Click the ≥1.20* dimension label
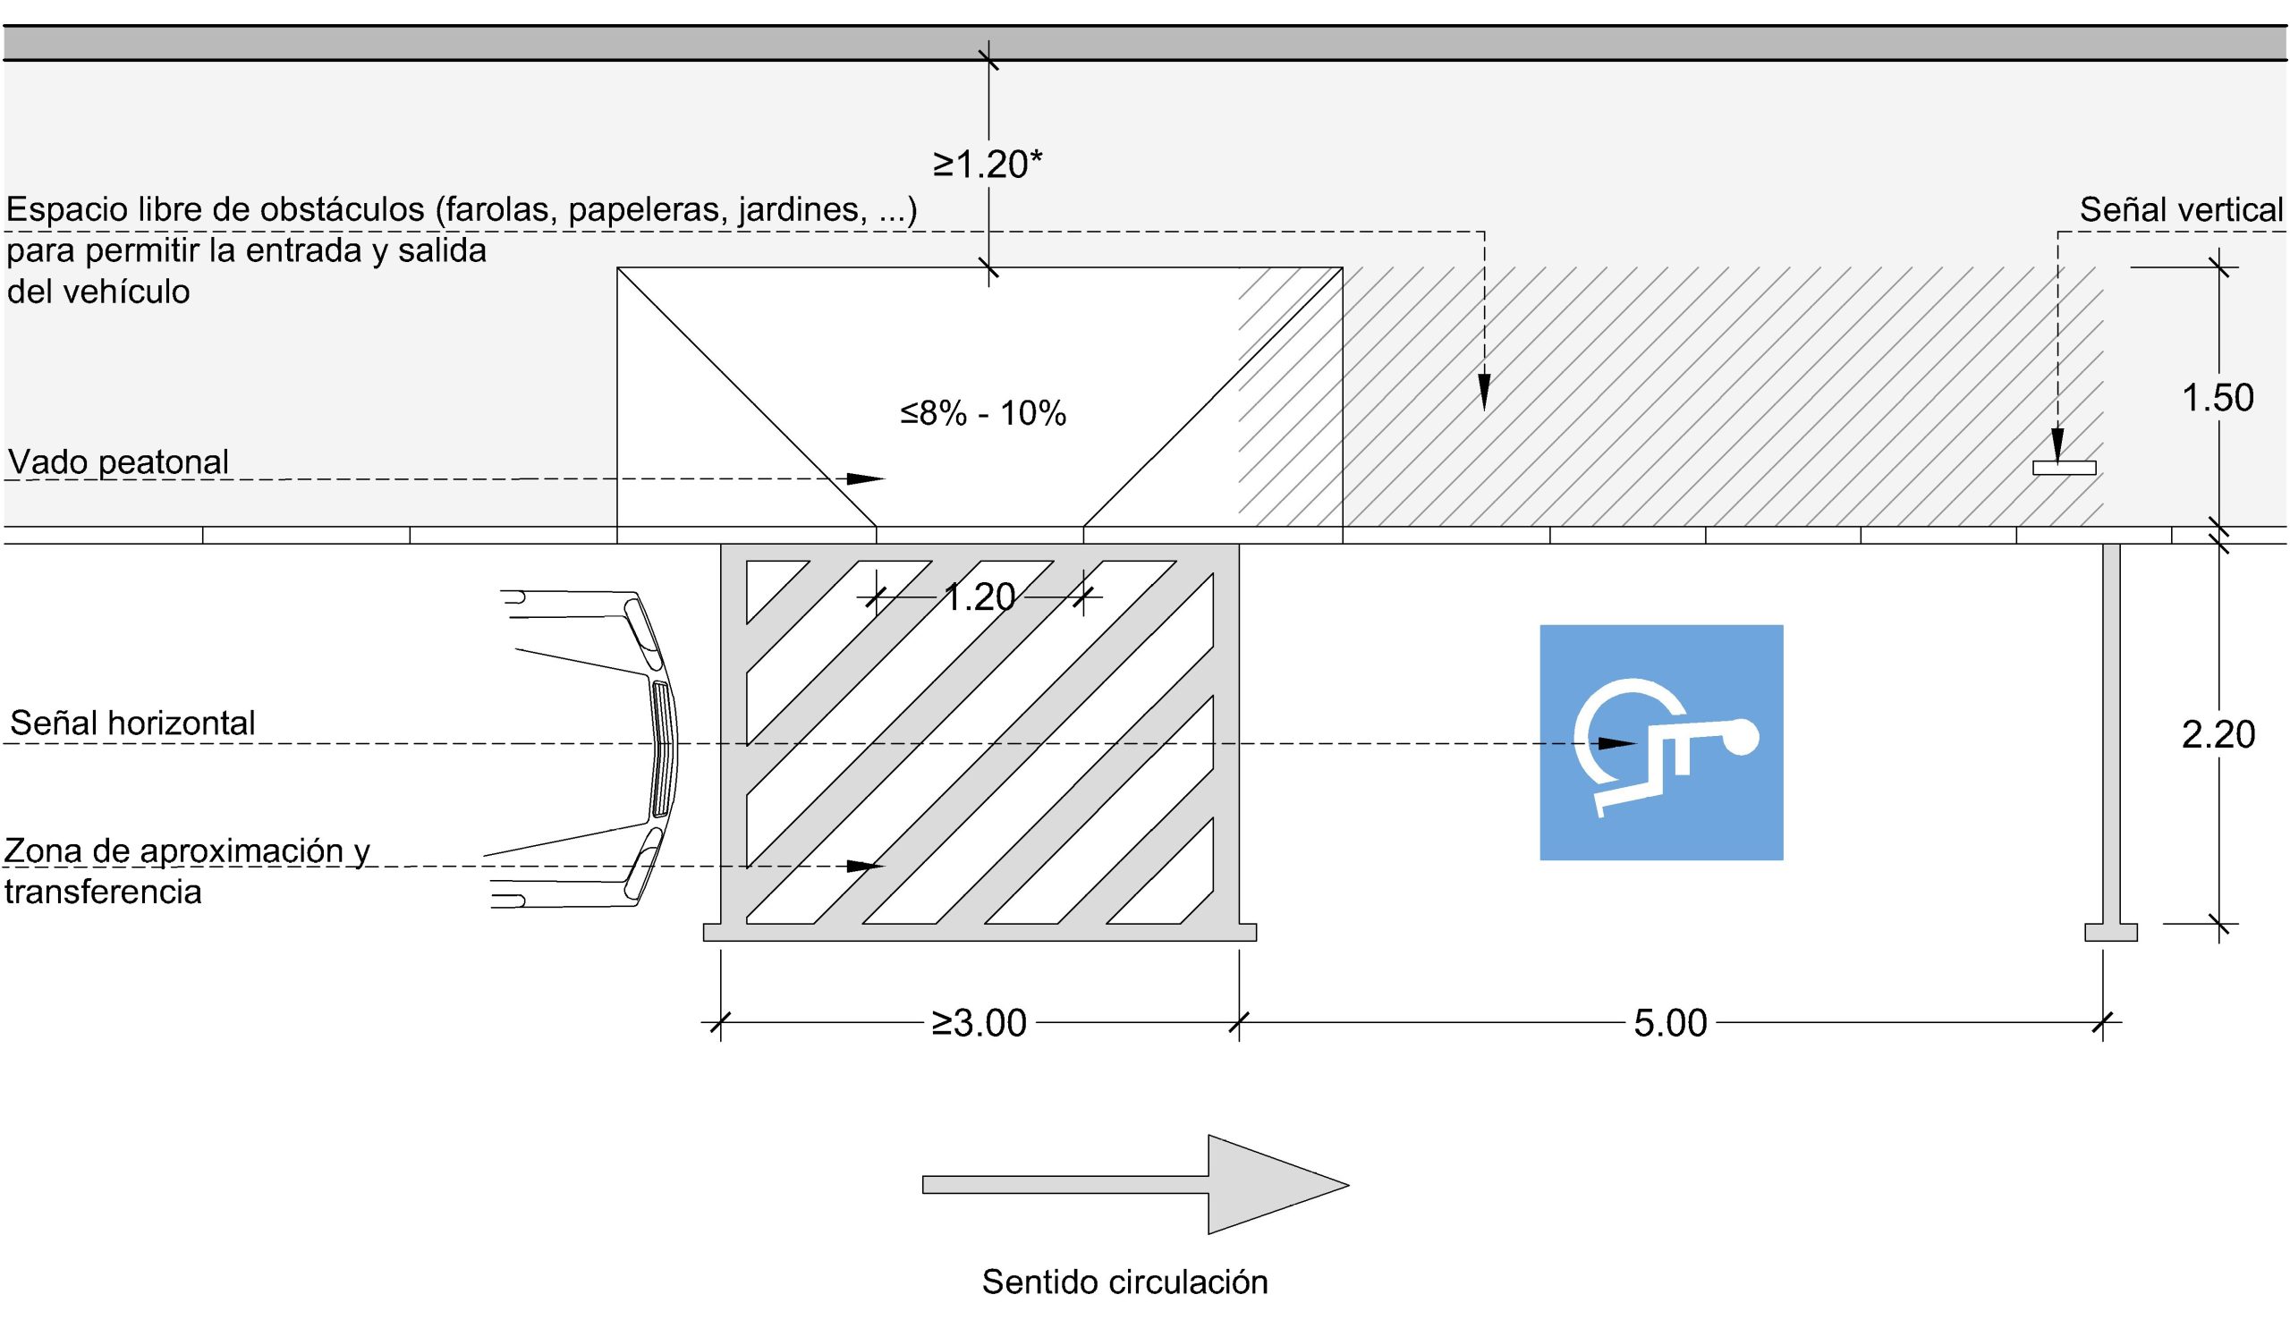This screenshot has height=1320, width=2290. click(988, 165)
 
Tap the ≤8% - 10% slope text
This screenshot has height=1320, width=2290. click(983, 413)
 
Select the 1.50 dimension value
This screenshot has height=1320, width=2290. click(2217, 398)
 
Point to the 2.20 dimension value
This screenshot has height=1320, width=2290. click(2218, 734)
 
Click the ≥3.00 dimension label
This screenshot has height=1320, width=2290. click(980, 1022)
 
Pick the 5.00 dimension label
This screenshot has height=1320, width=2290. click(1670, 1022)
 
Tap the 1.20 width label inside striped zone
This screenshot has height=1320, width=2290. click(980, 597)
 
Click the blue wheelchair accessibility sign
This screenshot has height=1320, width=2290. click(1661, 741)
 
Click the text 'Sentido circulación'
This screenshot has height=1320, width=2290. click(1124, 1282)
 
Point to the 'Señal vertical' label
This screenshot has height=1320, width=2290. click(2180, 210)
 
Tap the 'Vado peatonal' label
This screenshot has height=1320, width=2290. click(118, 462)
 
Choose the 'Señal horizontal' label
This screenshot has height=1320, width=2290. click(132, 723)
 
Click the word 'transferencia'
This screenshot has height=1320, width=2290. click(104, 893)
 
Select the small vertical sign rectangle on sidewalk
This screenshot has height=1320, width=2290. click(2065, 468)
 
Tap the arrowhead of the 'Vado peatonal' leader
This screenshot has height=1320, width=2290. click(865, 478)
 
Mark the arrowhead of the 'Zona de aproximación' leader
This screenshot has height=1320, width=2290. click(865, 866)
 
